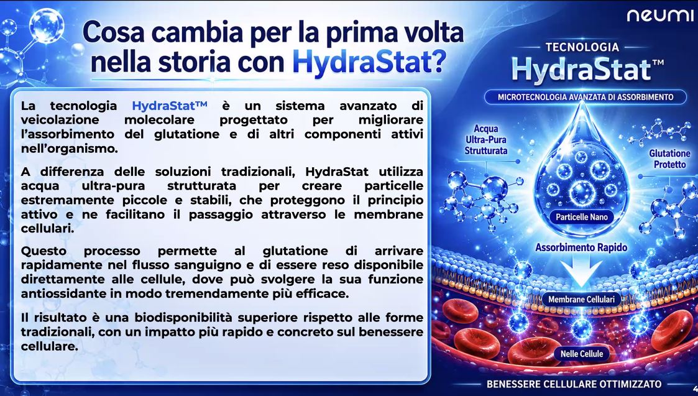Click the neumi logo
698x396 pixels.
[659, 16]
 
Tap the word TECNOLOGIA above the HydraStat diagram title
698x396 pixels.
[582, 47]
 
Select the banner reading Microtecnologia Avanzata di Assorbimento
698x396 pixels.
[585, 96]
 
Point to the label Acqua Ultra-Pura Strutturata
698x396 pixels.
[485, 139]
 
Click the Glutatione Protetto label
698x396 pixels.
[669, 159]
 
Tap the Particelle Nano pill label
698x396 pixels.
[582, 218]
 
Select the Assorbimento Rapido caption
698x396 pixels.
[581, 247]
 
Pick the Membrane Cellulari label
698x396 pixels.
[581, 300]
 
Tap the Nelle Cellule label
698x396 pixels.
[581, 354]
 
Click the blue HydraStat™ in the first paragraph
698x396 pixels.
[170, 106]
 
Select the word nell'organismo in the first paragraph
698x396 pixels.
[70, 149]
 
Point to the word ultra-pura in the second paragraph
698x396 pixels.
[113, 186]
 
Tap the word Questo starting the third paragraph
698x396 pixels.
[44, 251]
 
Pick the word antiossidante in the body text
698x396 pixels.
[63, 294]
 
